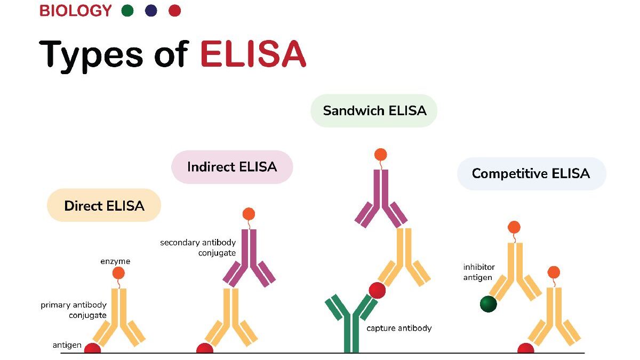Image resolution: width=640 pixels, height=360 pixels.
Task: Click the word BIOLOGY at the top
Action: pyautogui.click(x=76, y=11)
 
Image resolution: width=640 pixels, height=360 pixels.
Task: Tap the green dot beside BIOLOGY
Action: pyautogui.click(x=127, y=11)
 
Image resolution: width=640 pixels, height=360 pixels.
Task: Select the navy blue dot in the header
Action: pyautogui.click(x=151, y=11)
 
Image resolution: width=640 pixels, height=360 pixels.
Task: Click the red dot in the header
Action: pyautogui.click(x=174, y=11)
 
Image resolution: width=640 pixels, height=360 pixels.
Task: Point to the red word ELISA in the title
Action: pyautogui.click(x=253, y=54)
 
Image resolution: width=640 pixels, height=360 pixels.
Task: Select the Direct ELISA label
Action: pyautogui.click(x=104, y=205)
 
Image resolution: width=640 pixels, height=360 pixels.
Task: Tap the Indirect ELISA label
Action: pyautogui.click(x=232, y=167)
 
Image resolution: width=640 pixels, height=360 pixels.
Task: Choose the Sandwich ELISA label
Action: pyautogui.click(x=374, y=111)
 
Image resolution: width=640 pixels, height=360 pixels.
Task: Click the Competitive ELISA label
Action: pyautogui.click(x=531, y=173)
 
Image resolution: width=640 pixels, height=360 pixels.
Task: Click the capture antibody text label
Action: pyautogui.click(x=399, y=329)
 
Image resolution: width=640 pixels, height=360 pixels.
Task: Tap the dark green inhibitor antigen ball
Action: pyautogui.click(x=488, y=304)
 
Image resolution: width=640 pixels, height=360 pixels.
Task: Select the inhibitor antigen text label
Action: pyautogui.click(x=479, y=272)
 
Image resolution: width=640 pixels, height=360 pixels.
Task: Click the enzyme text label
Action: pyautogui.click(x=115, y=261)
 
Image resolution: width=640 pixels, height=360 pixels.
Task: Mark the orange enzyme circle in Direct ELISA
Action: pyautogui.click(x=118, y=273)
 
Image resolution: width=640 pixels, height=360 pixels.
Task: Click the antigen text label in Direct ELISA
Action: pyautogui.click(x=67, y=345)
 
